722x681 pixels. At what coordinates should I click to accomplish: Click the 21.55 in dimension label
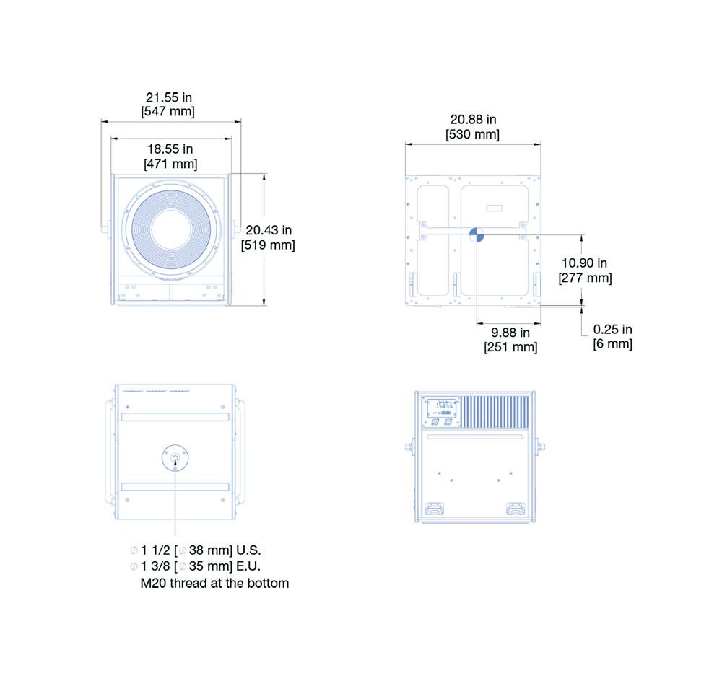[168, 97]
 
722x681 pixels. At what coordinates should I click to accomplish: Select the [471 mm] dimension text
[170, 164]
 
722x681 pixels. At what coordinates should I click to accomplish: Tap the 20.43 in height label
[269, 230]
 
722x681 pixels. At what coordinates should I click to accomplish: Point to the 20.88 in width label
[473, 120]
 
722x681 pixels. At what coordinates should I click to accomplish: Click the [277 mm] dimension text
[585, 278]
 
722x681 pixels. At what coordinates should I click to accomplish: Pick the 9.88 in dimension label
[510, 333]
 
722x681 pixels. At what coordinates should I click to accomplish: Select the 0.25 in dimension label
[612, 330]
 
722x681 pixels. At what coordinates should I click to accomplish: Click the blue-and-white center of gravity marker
[477, 234]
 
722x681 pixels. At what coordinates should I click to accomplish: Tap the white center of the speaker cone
[171, 229]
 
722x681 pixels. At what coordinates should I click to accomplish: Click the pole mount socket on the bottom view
[175, 458]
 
